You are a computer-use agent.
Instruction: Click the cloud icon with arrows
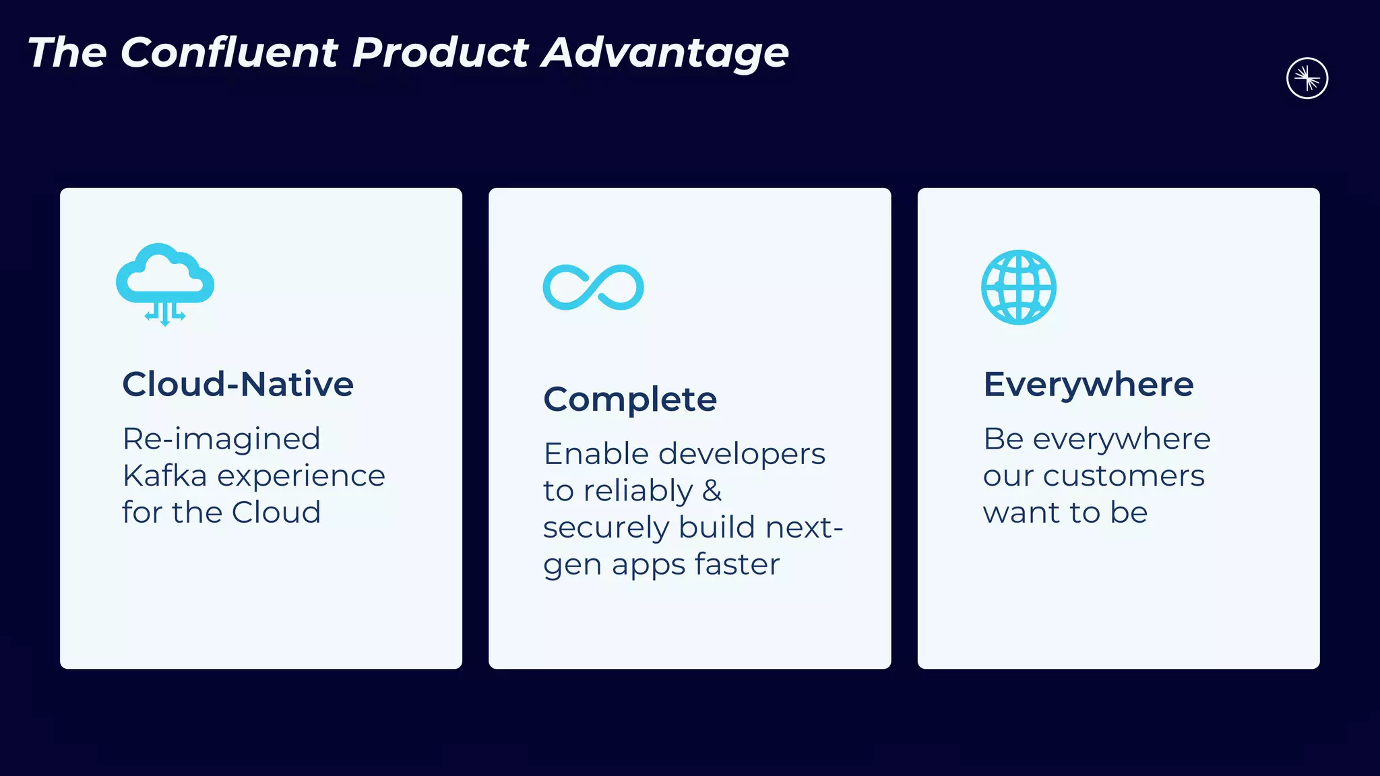click(x=165, y=283)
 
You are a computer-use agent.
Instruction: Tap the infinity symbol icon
click(x=593, y=288)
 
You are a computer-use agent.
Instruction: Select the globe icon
click(x=1018, y=288)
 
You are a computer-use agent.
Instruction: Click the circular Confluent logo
click(x=1307, y=79)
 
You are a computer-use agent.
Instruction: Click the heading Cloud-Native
click(x=238, y=384)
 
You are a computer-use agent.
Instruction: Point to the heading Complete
click(x=630, y=399)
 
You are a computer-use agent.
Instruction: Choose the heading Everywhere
click(x=1088, y=384)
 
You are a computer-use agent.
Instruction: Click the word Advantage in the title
click(x=665, y=53)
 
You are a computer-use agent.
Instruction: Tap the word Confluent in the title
click(x=229, y=53)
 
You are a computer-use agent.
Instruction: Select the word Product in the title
click(x=441, y=53)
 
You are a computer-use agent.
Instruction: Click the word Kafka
click(x=164, y=476)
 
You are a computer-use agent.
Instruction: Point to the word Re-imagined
click(x=221, y=439)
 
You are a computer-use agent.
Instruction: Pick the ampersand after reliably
click(x=712, y=490)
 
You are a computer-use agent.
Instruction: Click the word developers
click(x=741, y=455)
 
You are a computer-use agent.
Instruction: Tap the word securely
click(x=606, y=527)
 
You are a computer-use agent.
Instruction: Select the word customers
click(x=1123, y=476)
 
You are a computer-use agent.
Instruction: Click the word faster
click(x=737, y=564)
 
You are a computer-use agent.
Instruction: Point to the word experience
click(x=301, y=477)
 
